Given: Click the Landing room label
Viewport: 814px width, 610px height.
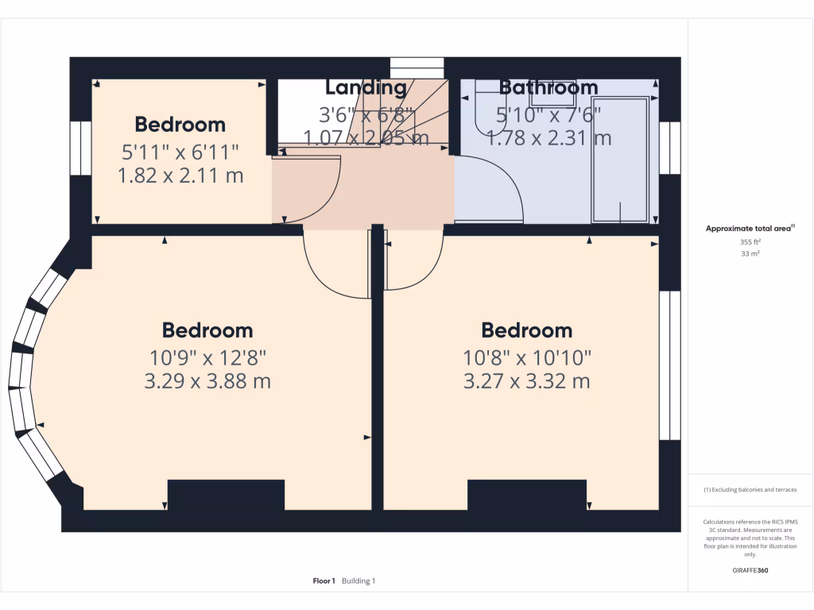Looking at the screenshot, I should (366, 87).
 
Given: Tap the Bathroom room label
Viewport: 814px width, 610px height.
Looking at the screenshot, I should (548, 87).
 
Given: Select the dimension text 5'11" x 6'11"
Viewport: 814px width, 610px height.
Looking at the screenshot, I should (180, 150).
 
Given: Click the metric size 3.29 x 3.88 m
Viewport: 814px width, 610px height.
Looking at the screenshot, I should (207, 381).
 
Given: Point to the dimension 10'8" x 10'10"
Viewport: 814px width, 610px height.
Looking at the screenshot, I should (527, 357).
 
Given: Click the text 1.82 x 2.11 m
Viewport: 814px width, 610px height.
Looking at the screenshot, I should (180, 176).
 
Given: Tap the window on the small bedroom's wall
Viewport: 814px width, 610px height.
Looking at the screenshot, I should (80, 148).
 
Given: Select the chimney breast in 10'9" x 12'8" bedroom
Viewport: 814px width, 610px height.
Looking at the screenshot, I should (226, 495).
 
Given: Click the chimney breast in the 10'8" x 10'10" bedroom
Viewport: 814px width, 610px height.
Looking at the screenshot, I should (526, 495).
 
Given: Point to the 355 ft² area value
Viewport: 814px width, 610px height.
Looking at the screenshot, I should (750, 241).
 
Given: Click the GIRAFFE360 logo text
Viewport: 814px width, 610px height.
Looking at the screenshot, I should (750, 570).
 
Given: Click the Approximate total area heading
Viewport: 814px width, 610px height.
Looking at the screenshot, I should (749, 229).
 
